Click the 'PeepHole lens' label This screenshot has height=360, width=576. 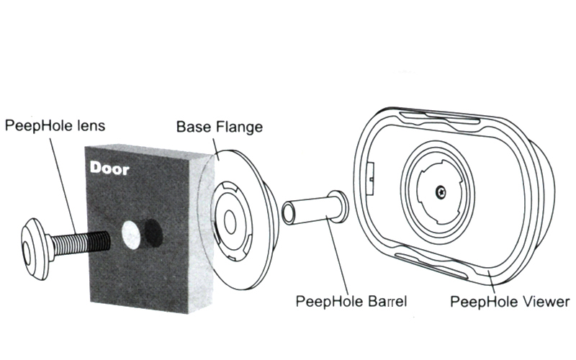(55, 126)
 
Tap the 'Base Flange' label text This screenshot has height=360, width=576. (220, 127)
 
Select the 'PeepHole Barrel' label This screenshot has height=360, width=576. (351, 302)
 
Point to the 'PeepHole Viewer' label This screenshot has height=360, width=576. (510, 302)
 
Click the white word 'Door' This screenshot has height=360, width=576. (109, 168)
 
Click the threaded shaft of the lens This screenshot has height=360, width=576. (81, 244)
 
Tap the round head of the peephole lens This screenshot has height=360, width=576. (35, 249)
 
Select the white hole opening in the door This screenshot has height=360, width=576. (131, 234)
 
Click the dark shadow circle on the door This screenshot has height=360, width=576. (153, 234)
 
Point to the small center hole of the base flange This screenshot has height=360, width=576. (230, 222)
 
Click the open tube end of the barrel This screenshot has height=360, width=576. (288, 214)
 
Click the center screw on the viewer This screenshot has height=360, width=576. (441, 192)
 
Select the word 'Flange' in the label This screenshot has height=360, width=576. (239, 127)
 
